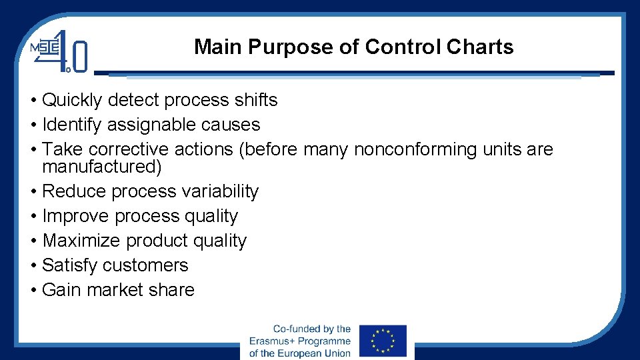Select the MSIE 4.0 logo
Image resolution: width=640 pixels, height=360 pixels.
tap(59, 51)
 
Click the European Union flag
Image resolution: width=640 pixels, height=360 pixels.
tap(383, 341)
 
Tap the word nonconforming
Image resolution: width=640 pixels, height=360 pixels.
tap(413, 149)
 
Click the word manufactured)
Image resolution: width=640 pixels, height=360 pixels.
tap(101, 166)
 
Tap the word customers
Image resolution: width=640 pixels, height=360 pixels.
tap(149, 265)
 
